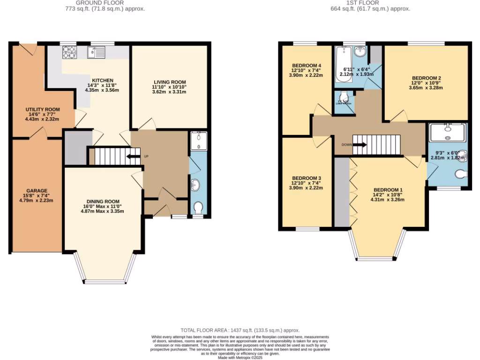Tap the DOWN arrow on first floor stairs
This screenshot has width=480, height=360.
pyautogui.click(x=360, y=145)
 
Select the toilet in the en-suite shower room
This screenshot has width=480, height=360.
pyautogui.click(x=461, y=174)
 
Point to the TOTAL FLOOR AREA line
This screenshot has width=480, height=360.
pyautogui.click(x=240, y=330)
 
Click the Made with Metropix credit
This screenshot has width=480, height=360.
pyautogui.click(x=240, y=358)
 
